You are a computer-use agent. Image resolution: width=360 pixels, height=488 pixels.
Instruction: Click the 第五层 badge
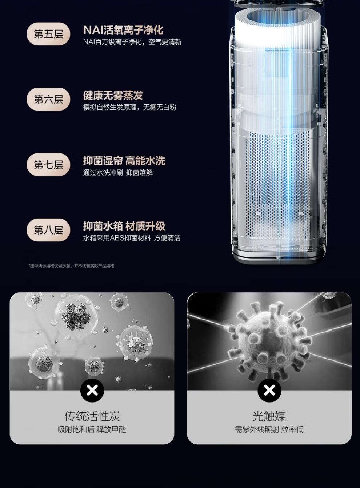point(48,34)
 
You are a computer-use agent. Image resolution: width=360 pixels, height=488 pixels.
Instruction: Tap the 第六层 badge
point(48,99)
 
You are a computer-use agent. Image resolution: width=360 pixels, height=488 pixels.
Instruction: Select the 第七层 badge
point(48,164)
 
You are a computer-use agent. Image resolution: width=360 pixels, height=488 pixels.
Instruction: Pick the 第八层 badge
point(48,230)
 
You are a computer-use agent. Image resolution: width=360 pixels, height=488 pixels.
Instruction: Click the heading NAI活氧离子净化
point(123,30)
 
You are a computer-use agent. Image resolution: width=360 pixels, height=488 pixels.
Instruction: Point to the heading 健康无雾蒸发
point(113,95)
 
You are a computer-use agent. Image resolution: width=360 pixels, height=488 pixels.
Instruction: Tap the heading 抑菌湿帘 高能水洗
point(124,161)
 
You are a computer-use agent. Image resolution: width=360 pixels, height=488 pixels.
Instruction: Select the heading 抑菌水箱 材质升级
point(124,226)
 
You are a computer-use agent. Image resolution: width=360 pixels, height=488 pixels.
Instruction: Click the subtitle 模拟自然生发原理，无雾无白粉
point(130,107)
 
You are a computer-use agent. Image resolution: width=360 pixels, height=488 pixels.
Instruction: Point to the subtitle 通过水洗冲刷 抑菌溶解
point(118,172)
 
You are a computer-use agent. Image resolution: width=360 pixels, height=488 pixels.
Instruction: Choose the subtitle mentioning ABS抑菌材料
point(132,238)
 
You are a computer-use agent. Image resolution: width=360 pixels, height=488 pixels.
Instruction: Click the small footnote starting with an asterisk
point(71,266)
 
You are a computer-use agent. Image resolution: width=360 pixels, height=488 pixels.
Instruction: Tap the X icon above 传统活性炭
point(92,391)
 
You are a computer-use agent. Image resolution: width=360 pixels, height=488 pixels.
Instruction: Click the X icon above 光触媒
point(269,391)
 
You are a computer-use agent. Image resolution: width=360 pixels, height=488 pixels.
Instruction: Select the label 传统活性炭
point(92,416)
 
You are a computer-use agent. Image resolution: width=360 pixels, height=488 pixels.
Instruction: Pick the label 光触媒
point(269,416)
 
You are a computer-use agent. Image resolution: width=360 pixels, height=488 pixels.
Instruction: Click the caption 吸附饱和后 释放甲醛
point(92,429)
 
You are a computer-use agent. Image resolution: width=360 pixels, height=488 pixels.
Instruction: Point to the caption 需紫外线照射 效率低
point(269,429)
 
